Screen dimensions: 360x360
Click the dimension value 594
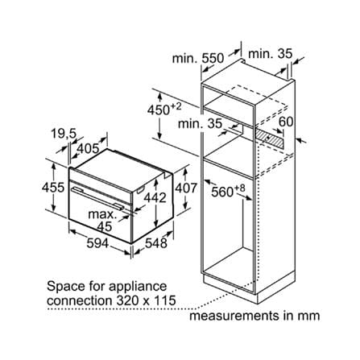[97, 243]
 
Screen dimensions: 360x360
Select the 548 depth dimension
[156, 243]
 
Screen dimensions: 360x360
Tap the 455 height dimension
[53, 188]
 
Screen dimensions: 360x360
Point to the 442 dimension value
[155, 198]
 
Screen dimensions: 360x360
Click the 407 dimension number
[186, 188]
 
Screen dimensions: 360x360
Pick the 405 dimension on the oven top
[88, 148]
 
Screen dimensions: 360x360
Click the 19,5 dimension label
[64, 134]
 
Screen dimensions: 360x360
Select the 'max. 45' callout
[102, 221]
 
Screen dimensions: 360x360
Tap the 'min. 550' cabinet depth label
[198, 58]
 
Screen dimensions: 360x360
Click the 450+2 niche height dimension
[164, 109]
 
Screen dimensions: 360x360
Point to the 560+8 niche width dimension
[228, 191]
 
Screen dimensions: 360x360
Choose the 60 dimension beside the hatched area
[286, 122]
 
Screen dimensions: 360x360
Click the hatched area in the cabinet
[269, 138]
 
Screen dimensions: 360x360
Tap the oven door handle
[97, 197]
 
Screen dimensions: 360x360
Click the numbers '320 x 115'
[147, 300]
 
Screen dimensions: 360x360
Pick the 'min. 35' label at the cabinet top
[270, 54]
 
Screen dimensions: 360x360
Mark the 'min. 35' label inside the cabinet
[200, 124]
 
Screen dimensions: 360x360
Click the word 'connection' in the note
[80, 300]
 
